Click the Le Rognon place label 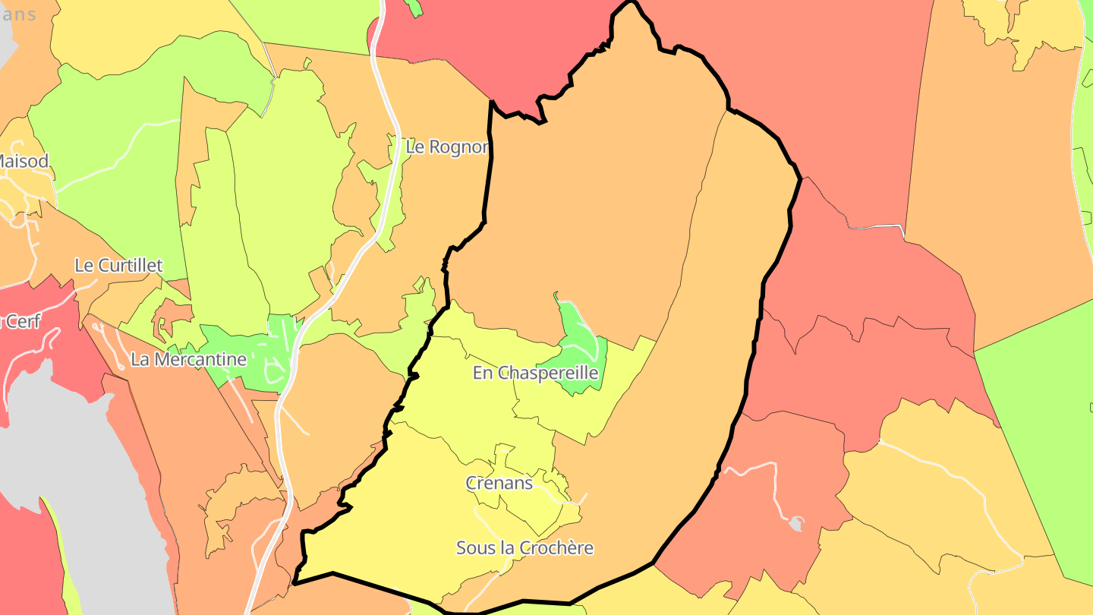[446, 147]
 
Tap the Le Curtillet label [118, 265]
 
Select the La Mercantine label [188, 359]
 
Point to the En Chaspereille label [535, 373]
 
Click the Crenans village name [499, 483]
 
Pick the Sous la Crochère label [524, 547]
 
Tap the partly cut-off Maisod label [24, 161]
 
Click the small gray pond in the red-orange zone [795, 523]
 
